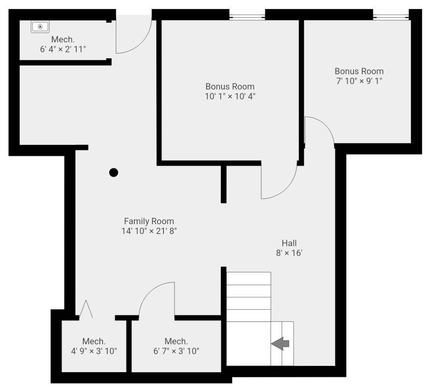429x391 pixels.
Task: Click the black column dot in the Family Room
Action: [114, 172]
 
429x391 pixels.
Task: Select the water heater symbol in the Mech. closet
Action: [40, 27]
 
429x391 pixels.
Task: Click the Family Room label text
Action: [149, 221]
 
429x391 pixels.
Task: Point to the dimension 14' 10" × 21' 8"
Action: [149, 231]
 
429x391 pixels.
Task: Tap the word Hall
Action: [289, 243]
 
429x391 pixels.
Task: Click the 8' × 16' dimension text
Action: [289, 253]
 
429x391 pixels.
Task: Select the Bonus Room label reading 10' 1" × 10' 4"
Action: [230, 96]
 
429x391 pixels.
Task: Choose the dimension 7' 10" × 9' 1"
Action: [359, 81]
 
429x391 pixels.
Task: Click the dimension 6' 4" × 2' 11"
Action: [63, 49]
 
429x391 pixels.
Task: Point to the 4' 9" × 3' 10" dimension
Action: [94, 351]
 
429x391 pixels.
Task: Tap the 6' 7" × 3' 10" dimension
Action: [176, 351]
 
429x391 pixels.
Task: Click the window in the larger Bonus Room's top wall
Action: [247, 16]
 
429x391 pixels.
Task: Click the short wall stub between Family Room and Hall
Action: [224, 184]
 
